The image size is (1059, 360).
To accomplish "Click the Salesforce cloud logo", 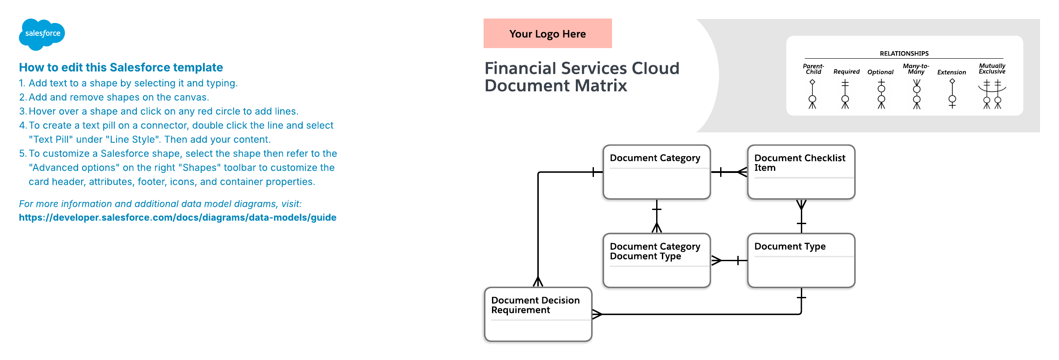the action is coord(42,34).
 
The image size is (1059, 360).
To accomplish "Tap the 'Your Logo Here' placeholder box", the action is coord(548,34).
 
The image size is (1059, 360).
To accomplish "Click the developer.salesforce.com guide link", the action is coord(177,217).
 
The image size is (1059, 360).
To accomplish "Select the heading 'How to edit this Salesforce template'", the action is coord(121,67).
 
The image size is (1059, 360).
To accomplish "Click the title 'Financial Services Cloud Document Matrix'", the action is coord(582,77).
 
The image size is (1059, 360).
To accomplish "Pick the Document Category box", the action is coord(657,172).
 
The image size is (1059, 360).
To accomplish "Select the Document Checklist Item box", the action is coord(801,172).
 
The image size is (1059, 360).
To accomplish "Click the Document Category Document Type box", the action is coord(657,260).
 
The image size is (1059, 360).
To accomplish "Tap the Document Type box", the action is coord(801,260).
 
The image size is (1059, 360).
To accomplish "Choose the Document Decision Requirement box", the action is coord(538,314).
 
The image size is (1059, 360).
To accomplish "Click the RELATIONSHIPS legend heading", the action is coord(904,53).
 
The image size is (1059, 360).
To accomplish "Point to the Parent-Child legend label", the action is coord(813,69).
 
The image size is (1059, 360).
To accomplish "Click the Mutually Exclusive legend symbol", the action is coord(992,94).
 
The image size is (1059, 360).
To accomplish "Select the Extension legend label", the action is coord(952,72).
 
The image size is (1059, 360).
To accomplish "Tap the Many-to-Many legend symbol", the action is coord(916,94).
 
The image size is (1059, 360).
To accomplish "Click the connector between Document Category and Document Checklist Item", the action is coord(729,172).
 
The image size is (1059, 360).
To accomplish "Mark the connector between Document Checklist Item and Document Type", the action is coord(801,216).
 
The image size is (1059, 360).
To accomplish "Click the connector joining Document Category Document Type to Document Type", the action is coord(729,260).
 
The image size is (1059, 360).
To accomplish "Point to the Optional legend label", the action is coord(880,72).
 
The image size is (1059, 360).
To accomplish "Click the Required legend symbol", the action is coord(845,94).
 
